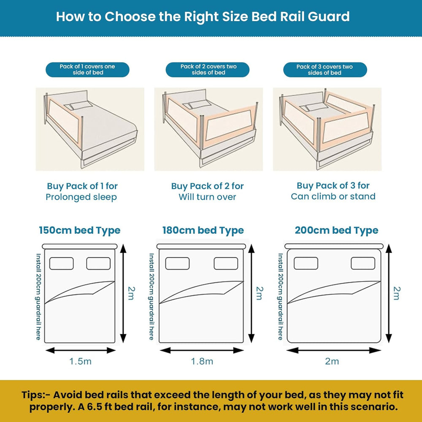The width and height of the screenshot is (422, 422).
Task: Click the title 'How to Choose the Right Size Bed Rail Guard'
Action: pyautogui.click(x=203, y=16)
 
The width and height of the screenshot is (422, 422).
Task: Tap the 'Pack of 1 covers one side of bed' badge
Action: pyautogui.click(x=87, y=70)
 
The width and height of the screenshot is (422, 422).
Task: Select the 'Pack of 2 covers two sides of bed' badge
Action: pyautogui.click(x=208, y=70)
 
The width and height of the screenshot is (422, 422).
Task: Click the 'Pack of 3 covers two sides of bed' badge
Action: pyautogui.click(x=325, y=70)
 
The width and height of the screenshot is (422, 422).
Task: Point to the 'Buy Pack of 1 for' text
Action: pyautogui.click(x=82, y=186)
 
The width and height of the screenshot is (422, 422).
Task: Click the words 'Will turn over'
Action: pyautogui.click(x=207, y=197)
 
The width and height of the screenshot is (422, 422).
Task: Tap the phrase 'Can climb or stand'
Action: pyautogui.click(x=333, y=196)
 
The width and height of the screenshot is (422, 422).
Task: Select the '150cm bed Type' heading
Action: pyautogui.click(x=80, y=231)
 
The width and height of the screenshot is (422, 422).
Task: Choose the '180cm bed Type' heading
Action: pyautogui.click(x=203, y=231)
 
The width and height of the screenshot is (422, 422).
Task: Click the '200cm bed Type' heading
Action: pyautogui.click(x=336, y=231)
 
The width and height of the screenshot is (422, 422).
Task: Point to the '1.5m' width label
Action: pyautogui.click(x=80, y=361)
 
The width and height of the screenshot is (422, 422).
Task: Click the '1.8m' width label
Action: pyautogui.click(x=202, y=361)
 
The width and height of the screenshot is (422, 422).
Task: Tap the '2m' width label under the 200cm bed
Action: pyautogui.click(x=332, y=361)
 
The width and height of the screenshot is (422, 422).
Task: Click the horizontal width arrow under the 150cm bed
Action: pyautogui.click(x=80, y=350)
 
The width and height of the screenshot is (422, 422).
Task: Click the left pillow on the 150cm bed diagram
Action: pyautogui.click(x=62, y=263)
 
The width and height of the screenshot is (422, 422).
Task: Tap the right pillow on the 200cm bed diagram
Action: pyautogui.click(x=363, y=263)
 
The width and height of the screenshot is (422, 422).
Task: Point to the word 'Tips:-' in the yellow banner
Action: pyautogui.click(x=36, y=395)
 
